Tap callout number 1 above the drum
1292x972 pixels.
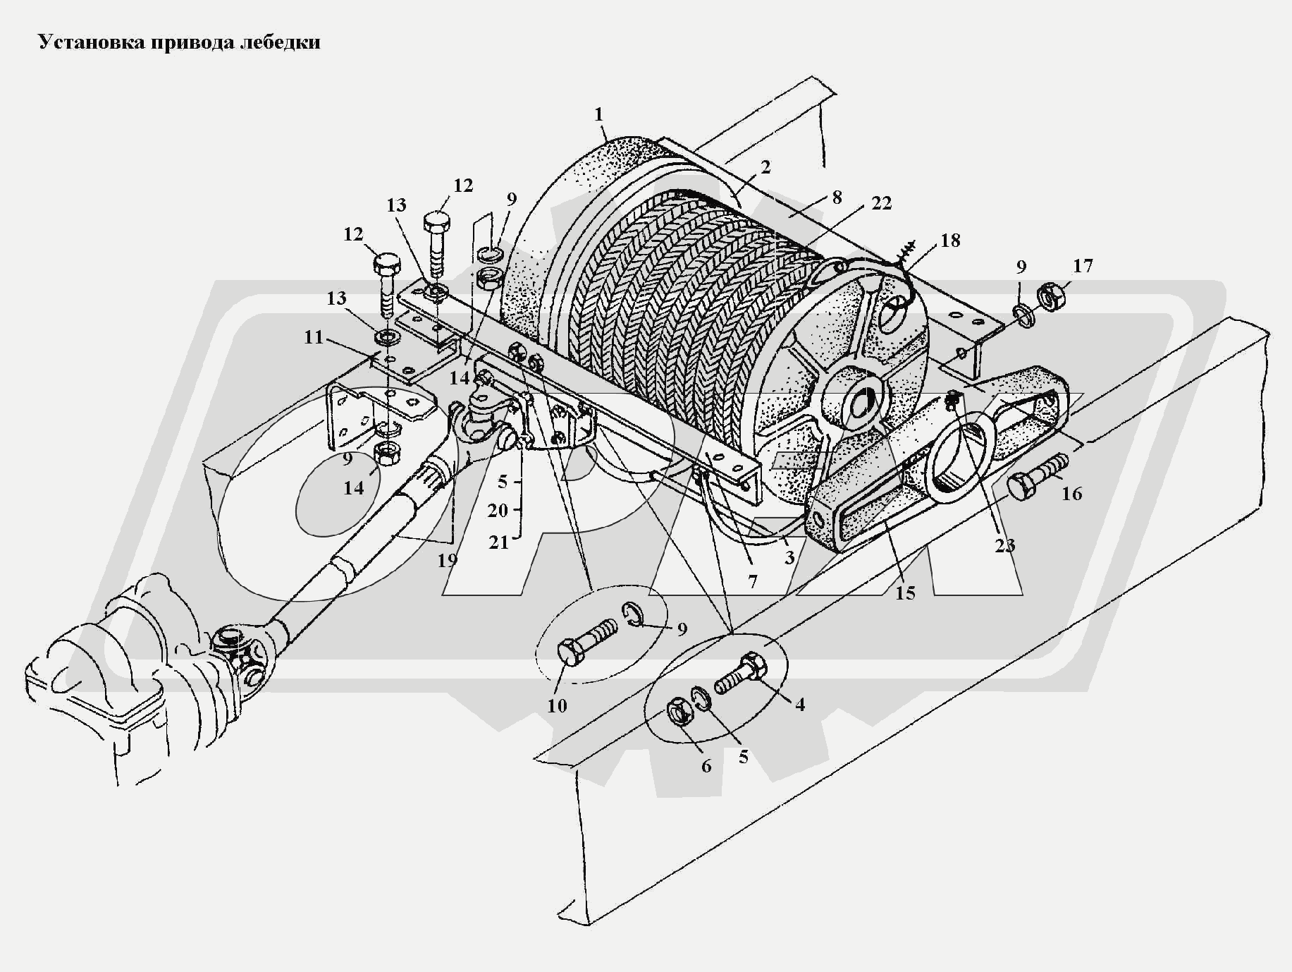(599, 114)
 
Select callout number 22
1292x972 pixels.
(881, 202)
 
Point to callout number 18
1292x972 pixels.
(950, 240)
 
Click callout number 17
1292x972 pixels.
(1083, 266)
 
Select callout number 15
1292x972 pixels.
(905, 593)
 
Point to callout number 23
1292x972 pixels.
(1005, 545)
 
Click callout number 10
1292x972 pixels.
(557, 705)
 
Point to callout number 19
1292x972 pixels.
(448, 560)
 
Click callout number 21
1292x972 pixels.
(498, 542)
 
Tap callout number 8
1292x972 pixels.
(837, 197)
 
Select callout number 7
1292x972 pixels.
(753, 583)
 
